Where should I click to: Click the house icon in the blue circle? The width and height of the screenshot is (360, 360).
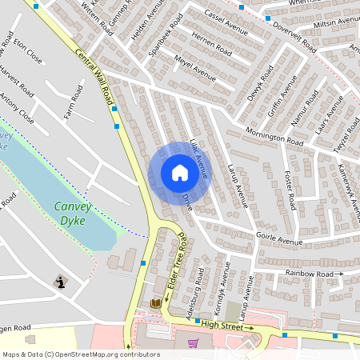click(x=179, y=173)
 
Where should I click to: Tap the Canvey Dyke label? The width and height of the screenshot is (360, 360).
click(x=73, y=212)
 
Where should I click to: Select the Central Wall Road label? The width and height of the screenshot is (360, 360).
click(x=94, y=75)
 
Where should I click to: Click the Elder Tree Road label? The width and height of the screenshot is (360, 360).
click(x=175, y=261)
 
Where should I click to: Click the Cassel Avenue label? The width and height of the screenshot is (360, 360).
click(x=227, y=25)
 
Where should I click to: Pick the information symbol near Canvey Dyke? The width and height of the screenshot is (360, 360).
click(x=61, y=282)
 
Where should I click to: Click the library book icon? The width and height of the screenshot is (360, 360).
click(x=156, y=303)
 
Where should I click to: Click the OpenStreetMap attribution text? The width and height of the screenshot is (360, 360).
click(x=80, y=354)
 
